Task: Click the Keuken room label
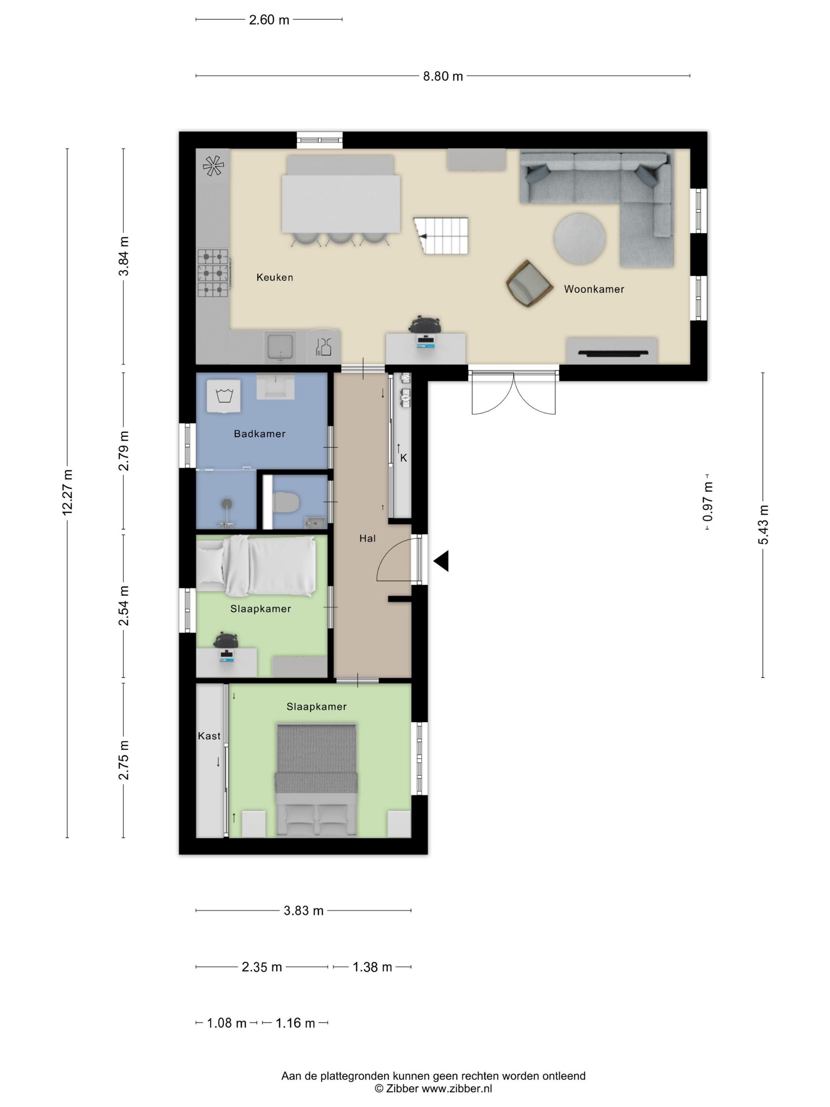pyautogui.click(x=274, y=277)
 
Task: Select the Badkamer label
pyautogui.click(x=260, y=434)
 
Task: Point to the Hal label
pyautogui.click(x=367, y=538)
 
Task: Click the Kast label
pyautogui.click(x=209, y=736)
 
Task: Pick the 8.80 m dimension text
pyautogui.click(x=443, y=77)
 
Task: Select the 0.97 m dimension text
pyautogui.click(x=707, y=501)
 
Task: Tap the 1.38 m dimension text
pyautogui.click(x=372, y=967)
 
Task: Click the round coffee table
pyautogui.click(x=579, y=238)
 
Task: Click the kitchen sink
pyautogui.click(x=281, y=347)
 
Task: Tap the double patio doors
pyautogui.click(x=514, y=394)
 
